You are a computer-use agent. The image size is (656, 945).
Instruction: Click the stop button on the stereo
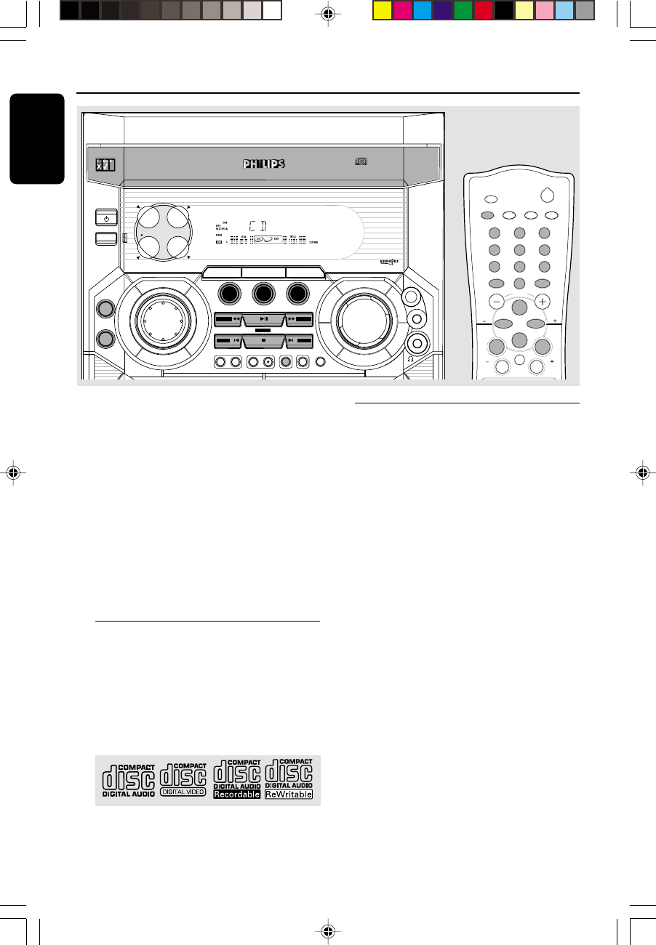[263, 339]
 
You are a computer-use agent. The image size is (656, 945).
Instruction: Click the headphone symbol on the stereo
[411, 359]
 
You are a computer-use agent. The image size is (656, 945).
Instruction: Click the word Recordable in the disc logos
[236, 795]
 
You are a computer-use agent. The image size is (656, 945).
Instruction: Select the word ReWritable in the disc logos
[289, 795]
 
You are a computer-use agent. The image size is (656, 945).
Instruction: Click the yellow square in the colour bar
[382, 11]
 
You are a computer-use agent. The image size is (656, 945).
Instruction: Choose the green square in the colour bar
[463, 11]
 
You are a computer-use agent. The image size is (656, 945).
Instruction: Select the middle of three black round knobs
[263, 294]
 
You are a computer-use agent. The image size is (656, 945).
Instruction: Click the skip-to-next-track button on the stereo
[298, 339]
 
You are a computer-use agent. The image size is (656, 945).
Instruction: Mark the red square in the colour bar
[484, 11]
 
